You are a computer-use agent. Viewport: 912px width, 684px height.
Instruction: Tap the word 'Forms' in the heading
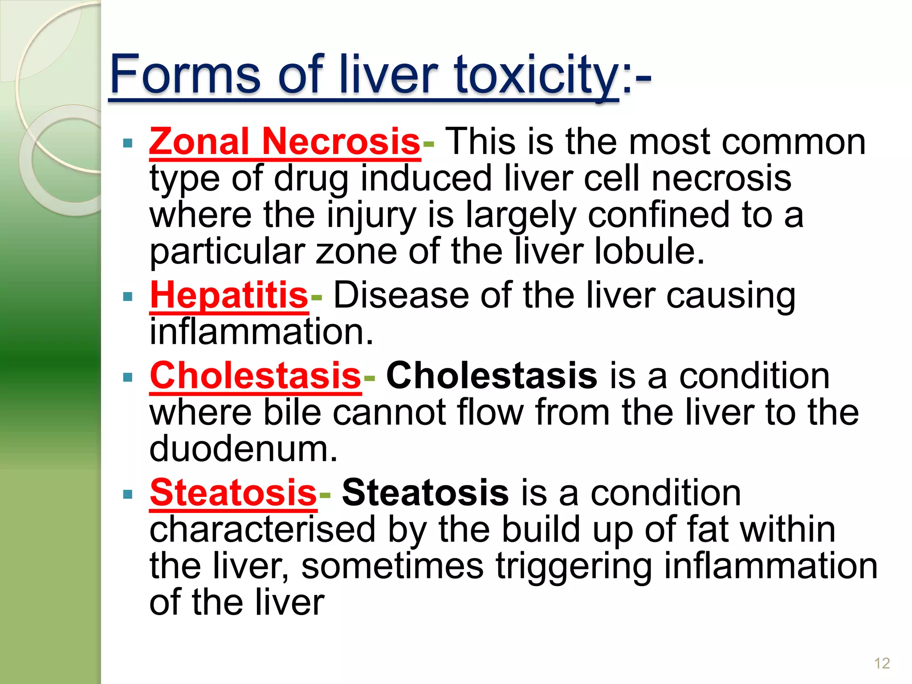coord(185,75)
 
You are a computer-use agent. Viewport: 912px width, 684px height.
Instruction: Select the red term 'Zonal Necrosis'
coord(285,142)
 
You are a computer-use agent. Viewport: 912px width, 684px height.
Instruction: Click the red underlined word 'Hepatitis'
coord(229,295)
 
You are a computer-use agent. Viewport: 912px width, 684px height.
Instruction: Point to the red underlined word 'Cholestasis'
coord(255,376)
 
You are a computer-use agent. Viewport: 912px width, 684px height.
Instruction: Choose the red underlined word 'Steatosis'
coord(233,493)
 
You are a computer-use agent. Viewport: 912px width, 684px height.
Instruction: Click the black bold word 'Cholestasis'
coord(491,376)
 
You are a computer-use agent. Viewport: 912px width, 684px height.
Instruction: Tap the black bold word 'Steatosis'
coord(425,493)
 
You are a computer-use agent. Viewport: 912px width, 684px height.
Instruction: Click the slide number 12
coord(882,663)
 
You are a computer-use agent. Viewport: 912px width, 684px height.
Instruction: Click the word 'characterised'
coord(262,529)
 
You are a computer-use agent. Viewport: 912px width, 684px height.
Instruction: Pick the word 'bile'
coord(292,412)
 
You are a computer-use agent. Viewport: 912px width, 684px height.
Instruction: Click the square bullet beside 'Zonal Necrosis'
coord(128,143)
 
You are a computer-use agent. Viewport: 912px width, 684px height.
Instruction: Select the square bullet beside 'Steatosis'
coord(128,494)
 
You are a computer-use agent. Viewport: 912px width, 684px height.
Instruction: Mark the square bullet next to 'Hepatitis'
coord(128,297)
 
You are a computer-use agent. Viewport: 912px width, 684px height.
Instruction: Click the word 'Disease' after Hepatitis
coord(401,295)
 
